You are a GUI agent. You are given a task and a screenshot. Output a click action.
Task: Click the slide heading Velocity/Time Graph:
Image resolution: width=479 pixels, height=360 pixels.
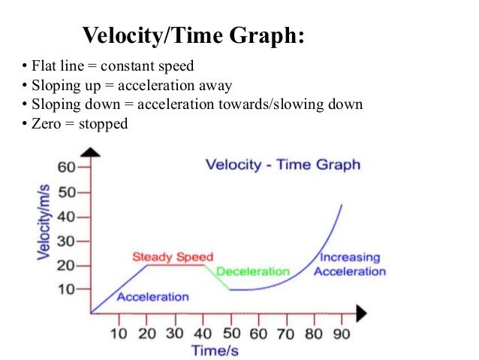click(194, 35)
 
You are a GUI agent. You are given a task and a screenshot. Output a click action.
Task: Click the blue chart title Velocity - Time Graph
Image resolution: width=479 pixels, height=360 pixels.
click(284, 165)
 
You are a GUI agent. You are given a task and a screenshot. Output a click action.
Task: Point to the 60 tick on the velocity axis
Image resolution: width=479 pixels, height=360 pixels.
click(66, 168)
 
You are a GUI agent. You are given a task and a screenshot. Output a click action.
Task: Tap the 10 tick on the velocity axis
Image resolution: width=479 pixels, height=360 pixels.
click(66, 289)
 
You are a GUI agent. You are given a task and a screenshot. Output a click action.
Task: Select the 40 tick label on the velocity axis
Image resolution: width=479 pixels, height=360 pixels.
click(66, 216)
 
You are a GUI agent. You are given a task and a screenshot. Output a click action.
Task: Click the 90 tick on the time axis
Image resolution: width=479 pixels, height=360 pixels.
click(342, 333)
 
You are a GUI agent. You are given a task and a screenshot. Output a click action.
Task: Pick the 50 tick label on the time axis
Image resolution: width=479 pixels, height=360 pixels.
click(230, 333)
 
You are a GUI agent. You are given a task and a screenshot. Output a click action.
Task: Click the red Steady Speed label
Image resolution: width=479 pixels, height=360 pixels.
click(172, 257)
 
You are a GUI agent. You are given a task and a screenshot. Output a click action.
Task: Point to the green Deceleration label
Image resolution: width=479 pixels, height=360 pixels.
click(252, 271)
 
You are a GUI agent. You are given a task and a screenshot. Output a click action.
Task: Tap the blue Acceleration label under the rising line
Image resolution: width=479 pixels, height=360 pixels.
click(152, 297)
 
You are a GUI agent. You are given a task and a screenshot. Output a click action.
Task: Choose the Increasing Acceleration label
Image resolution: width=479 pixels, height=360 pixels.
click(349, 265)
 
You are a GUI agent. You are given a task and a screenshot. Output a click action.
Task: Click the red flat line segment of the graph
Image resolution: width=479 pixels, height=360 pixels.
click(175, 265)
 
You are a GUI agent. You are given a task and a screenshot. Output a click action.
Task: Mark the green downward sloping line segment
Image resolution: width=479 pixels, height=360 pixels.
click(217, 277)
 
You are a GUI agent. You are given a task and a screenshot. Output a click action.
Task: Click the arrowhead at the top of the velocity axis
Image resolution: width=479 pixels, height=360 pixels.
click(90, 153)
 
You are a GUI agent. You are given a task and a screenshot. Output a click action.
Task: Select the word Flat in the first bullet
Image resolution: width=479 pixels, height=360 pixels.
click(44, 65)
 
